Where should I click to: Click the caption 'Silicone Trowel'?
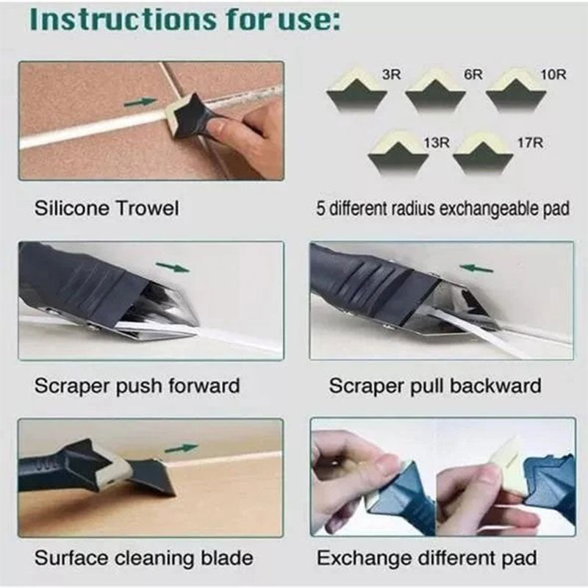click(x=107, y=209)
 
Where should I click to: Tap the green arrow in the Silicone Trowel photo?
click(x=140, y=102)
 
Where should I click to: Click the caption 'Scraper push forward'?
click(x=137, y=385)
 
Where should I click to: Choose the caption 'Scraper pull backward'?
click(x=435, y=385)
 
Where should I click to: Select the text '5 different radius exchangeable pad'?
click(x=442, y=209)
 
